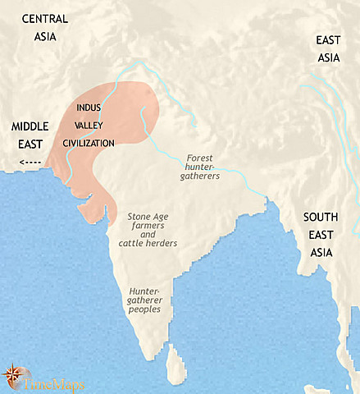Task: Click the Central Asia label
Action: (46, 26)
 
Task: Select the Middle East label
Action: (30, 135)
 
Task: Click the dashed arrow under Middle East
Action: (30, 161)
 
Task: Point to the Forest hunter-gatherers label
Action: (200, 167)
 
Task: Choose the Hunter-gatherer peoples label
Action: (148, 304)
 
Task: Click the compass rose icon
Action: (12, 374)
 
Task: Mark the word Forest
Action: (200, 157)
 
